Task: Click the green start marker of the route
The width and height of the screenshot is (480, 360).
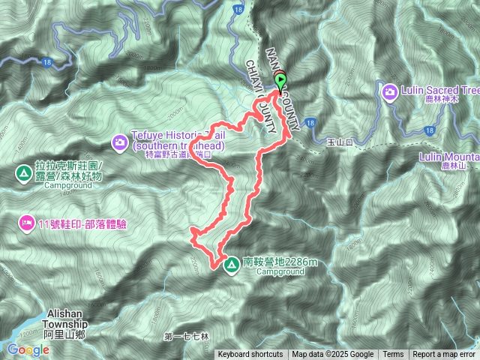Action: (x=281, y=81)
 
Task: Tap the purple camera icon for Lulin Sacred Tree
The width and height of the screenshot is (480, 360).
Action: (x=390, y=91)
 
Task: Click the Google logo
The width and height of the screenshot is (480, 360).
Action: (x=28, y=349)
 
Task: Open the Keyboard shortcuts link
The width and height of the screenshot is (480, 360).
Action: (x=250, y=355)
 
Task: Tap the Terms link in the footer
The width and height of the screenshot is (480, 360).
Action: (x=393, y=355)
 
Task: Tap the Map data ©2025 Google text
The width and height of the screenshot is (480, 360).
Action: (x=332, y=355)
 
